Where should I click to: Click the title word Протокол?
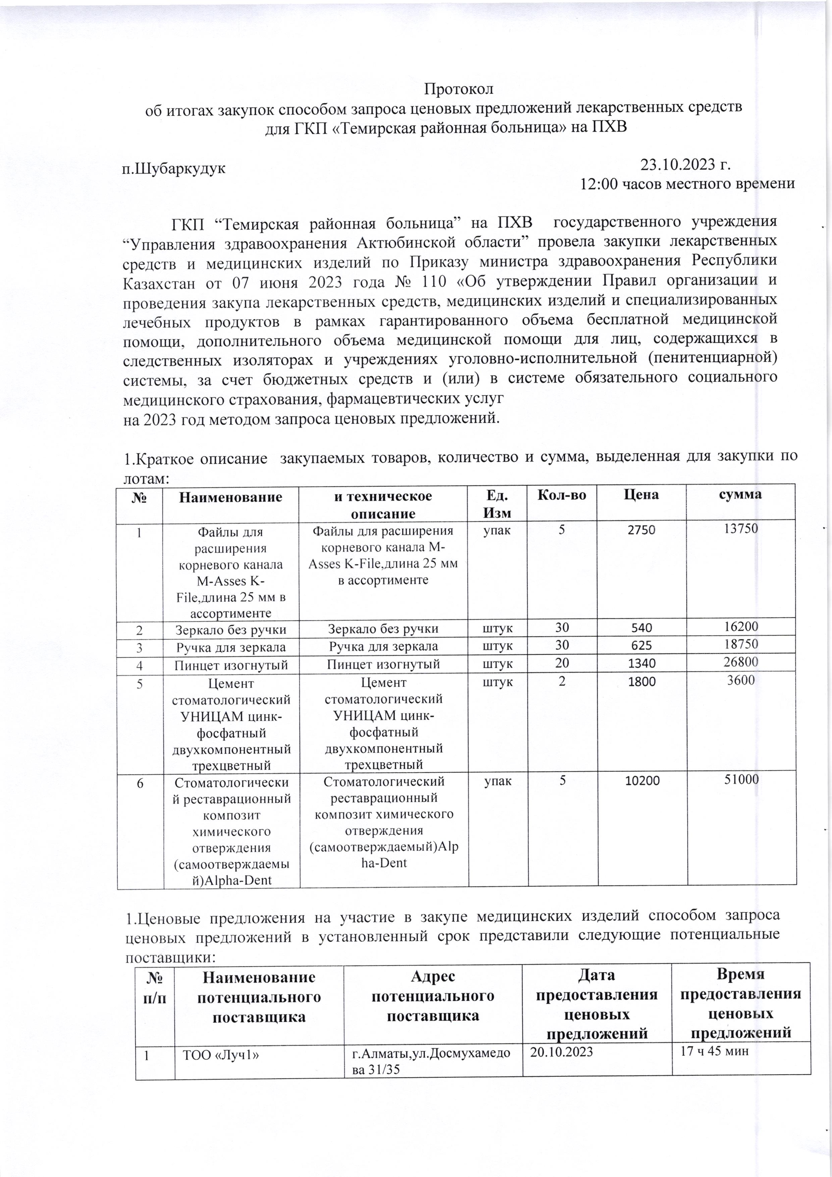[x=459, y=89]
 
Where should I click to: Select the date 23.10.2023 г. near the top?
[x=685, y=165]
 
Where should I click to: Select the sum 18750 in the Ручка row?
[x=740, y=644]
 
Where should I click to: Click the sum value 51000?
[x=740, y=780]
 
